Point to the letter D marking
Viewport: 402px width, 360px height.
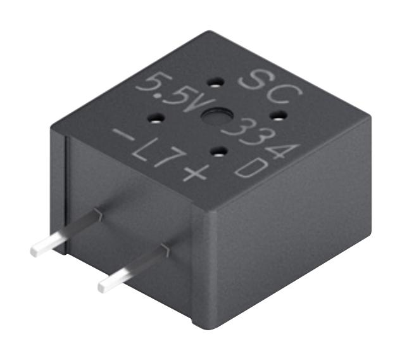pyautogui.click(x=248, y=168)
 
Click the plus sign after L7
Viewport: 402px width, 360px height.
pyautogui.click(x=191, y=170)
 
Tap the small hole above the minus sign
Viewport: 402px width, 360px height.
pyautogui.click(x=156, y=117)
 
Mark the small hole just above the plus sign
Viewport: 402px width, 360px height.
pyautogui.click(x=217, y=150)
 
